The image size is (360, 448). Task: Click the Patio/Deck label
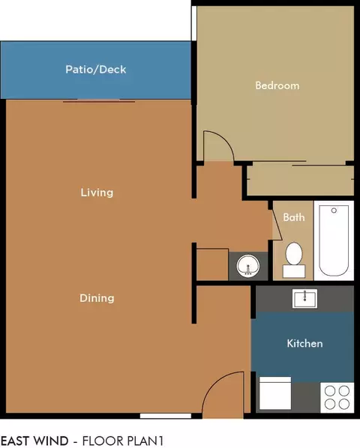coord(96,70)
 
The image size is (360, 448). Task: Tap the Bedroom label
coord(277,85)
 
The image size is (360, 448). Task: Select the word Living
coord(97,193)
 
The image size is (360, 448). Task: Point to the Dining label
coord(97,298)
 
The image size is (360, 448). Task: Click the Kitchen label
coord(304,343)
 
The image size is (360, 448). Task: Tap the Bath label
coord(294,217)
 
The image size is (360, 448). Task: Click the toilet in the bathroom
coord(294,260)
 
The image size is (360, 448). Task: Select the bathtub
coord(334,240)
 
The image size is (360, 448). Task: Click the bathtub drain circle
coord(334,211)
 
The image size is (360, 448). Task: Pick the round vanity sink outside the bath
coord(248,266)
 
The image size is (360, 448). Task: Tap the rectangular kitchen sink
coord(304,299)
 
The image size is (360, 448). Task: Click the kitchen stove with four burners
coord(337,397)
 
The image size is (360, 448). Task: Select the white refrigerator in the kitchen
coord(275,393)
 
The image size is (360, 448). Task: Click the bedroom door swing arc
coord(226,140)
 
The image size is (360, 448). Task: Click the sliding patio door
coord(99,101)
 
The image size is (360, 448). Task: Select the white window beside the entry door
coord(166,416)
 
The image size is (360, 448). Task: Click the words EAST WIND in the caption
coord(34,441)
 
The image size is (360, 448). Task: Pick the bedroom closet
coord(300,180)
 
